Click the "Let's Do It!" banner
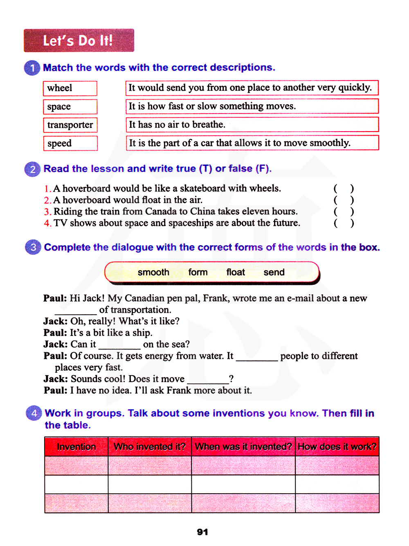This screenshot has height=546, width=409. tap(79, 40)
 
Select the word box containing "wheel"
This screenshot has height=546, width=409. tap(70, 88)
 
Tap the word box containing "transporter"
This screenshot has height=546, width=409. tap(70, 125)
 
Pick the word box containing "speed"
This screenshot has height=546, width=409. tap(70, 143)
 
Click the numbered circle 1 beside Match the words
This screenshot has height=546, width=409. tap(32, 68)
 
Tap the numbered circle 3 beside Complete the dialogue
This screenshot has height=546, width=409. tap(33, 247)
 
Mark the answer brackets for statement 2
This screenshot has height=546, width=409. tap(344, 200)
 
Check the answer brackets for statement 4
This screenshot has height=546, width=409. tap(344, 223)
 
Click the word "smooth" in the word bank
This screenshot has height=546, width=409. tap(153, 272)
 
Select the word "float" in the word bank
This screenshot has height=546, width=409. tap(236, 272)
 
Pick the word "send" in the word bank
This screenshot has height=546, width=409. tap(274, 272)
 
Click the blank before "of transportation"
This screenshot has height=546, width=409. tap(76, 311)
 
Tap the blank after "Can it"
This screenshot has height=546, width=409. tap(119, 345)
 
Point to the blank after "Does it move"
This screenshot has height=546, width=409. tap(208, 380)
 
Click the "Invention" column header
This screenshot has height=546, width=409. tap(76, 447)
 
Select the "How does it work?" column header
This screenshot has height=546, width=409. tap(337, 447)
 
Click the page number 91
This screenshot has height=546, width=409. tap(202, 532)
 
